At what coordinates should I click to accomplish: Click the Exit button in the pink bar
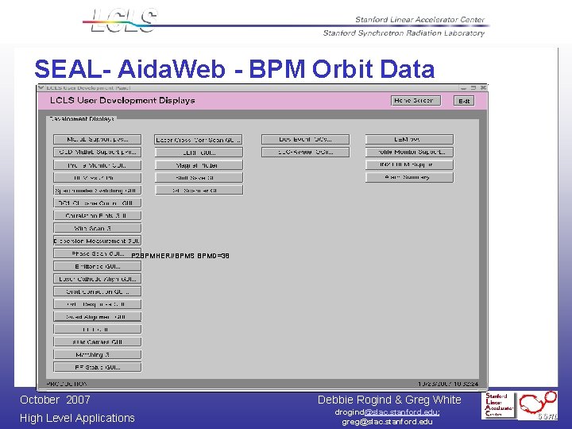(x=464, y=101)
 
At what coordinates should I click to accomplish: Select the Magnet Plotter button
(x=197, y=165)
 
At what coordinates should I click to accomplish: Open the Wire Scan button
(x=97, y=228)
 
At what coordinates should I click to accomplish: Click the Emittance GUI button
(x=97, y=266)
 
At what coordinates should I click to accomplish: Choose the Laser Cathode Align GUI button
(x=97, y=279)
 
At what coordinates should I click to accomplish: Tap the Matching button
(x=97, y=354)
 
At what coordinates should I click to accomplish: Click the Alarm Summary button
(x=409, y=177)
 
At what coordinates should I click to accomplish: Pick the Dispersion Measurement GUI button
(x=97, y=241)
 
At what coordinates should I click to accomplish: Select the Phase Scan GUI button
(x=97, y=253)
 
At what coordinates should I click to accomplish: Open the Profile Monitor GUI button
(x=97, y=165)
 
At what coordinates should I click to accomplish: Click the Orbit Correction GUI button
(x=97, y=292)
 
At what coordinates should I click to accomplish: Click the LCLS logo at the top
(x=124, y=21)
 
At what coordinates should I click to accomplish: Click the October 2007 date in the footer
(x=55, y=400)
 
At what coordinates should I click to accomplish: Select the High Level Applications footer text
(x=77, y=418)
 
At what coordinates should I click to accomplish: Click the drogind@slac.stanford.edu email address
(x=387, y=412)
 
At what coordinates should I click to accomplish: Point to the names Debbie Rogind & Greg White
(x=388, y=400)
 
